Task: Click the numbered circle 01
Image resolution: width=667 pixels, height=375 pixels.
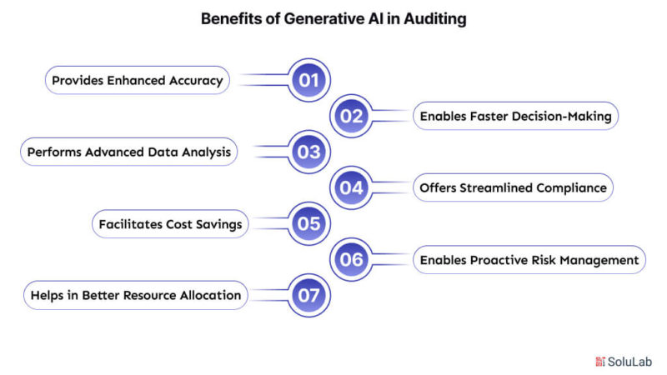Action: point(308,80)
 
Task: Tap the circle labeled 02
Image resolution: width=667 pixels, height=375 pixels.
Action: point(351,116)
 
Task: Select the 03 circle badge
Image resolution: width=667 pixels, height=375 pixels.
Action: point(308,152)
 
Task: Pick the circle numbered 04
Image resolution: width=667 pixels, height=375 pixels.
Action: point(351,187)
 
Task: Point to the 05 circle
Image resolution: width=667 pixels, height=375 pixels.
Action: point(308,223)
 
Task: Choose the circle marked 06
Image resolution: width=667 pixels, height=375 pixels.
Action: point(351,259)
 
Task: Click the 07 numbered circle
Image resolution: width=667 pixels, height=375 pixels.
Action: point(308,295)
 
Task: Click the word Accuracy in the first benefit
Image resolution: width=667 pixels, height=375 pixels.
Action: point(196,81)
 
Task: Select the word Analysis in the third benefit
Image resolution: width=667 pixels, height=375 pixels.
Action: point(206,152)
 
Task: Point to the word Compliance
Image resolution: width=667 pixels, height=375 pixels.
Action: point(571,188)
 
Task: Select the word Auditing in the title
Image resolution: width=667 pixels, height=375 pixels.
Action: point(434,19)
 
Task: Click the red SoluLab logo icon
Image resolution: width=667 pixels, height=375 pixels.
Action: point(600,362)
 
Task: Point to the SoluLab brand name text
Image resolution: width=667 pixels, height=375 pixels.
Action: point(629,362)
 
